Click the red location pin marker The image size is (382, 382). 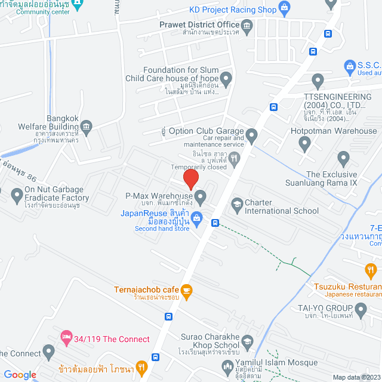(190, 178)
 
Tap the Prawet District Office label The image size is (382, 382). (199, 24)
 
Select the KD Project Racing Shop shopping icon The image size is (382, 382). (284, 9)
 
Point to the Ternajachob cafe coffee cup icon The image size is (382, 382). (186, 290)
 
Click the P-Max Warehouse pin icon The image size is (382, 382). (201, 196)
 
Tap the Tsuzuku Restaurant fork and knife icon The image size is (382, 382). (370, 269)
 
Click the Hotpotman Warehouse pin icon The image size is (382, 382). (305, 143)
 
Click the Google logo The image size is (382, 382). (20, 374)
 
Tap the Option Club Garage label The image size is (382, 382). (206, 131)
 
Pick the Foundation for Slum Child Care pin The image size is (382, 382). (226, 78)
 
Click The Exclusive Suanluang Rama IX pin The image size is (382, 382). (343, 159)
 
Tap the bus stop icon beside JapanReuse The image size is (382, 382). (215, 223)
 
